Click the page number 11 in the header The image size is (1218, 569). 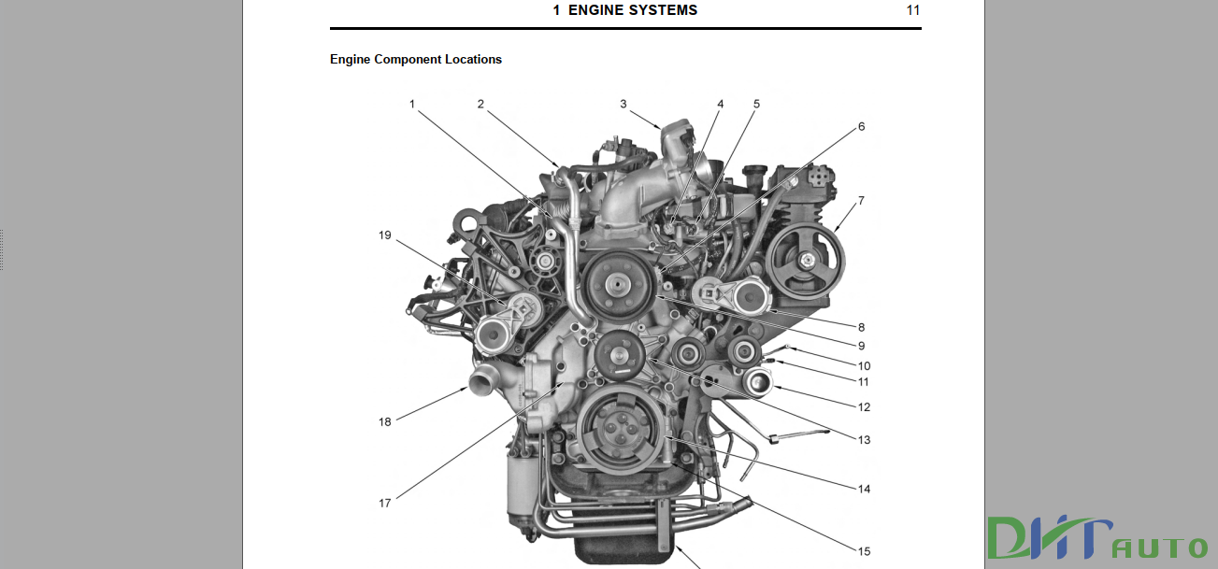click(913, 10)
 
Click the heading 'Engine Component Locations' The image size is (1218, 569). click(416, 59)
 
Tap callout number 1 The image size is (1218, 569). click(411, 104)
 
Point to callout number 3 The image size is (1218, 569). click(623, 104)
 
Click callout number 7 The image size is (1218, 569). click(861, 200)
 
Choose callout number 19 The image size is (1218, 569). click(384, 235)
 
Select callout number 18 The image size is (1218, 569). click(384, 421)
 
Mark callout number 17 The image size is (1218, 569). click(384, 503)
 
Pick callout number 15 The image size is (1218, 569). click(864, 551)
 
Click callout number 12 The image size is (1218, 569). click(864, 406)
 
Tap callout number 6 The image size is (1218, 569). click(861, 126)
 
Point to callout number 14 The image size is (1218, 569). click(864, 489)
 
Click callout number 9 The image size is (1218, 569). click(861, 346)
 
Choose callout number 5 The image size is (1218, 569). click(756, 104)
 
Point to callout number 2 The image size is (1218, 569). click(480, 104)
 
